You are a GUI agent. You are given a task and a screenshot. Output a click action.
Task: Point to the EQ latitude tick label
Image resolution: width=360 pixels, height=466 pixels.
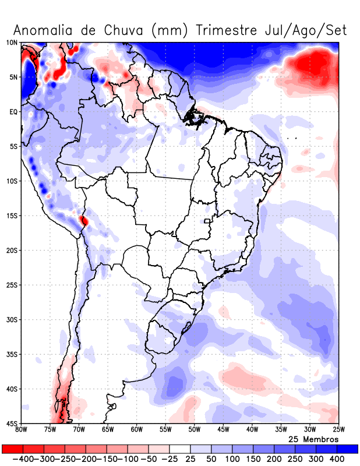point(13,111)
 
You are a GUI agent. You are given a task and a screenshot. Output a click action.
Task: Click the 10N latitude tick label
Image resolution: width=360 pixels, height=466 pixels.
point(12,43)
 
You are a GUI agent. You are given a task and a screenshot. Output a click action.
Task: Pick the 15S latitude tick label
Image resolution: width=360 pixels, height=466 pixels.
point(12,216)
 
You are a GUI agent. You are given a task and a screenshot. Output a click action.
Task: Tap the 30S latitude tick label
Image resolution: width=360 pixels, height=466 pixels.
point(12,320)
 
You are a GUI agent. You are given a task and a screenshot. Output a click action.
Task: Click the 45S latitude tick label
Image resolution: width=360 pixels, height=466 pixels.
point(12,423)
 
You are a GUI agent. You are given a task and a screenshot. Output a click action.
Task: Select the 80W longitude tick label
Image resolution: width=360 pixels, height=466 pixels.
point(22,430)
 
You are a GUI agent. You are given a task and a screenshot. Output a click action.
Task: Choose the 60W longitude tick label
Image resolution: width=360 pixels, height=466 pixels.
point(136,430)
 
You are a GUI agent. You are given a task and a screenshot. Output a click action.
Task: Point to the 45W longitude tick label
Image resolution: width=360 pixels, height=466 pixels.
point(223,430)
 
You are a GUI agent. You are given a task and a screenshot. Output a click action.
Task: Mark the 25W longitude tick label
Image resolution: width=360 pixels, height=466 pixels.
point(338,430)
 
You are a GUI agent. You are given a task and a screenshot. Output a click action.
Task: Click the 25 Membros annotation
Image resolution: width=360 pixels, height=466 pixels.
point(313,439)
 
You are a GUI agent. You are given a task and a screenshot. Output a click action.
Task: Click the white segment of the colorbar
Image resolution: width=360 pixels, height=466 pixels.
point(180,449)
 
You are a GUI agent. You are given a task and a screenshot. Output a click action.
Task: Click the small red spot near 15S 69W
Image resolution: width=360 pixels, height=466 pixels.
point(84,221)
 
